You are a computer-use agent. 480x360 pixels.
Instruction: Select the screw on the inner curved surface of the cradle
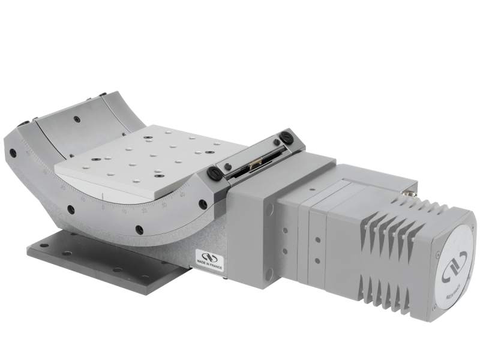(77, 119)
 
